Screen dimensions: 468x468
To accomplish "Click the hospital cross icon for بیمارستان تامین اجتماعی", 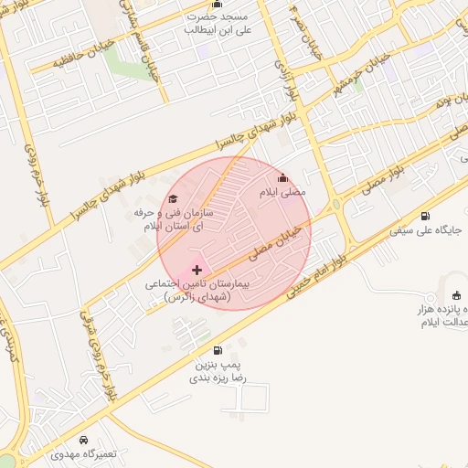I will [197, 271].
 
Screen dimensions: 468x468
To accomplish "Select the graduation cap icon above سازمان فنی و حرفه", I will [173, 199].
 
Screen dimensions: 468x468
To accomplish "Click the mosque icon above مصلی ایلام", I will [282, 178].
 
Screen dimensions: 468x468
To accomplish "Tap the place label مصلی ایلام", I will [285, 194].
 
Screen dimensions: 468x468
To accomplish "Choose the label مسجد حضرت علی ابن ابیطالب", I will [218, 23].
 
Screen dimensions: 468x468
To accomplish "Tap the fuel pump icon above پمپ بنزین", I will [217, 350].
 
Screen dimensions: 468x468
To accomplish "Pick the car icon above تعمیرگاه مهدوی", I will [84, 440].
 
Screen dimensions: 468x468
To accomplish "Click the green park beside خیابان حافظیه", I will [119, 62].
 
